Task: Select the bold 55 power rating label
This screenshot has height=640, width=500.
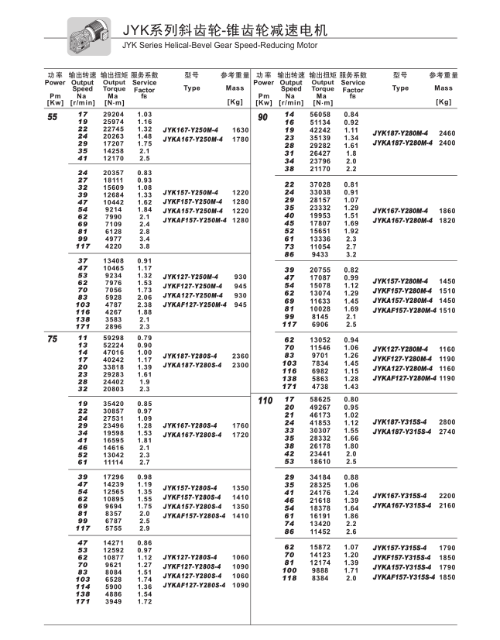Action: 53,116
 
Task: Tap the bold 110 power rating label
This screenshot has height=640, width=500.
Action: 265,400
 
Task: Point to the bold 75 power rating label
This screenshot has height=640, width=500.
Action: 53,339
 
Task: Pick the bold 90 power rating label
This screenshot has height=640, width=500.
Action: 263,116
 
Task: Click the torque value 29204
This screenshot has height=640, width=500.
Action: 113,115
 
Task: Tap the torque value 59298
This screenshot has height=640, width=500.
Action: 113,338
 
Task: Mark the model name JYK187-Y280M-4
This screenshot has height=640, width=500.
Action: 402,134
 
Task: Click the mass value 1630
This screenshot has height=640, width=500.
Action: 240,129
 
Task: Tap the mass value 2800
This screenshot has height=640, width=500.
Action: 448,422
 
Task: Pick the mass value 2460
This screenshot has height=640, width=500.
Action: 448,134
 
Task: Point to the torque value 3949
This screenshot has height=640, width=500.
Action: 115,602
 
